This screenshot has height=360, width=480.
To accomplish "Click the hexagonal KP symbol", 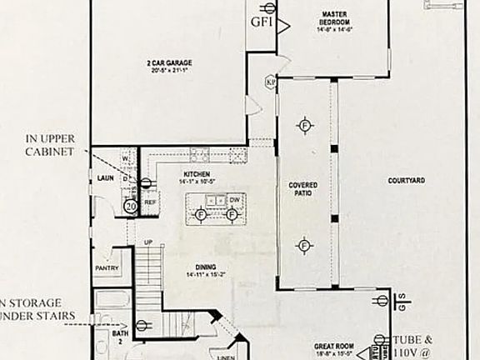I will (x=270, y=82).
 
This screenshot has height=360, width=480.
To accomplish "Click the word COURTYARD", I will (x=407, y=180).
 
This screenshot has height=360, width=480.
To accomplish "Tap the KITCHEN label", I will (x=197, y=176).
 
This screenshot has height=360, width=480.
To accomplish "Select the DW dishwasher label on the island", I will (x=237, y=200).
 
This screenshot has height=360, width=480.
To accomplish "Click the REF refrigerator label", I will (x=151, y=202).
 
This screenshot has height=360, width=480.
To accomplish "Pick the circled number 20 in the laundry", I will (x=130, y=205).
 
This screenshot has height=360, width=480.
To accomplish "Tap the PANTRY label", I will (x=107, y=268).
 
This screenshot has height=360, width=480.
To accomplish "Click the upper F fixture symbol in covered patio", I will (x=305, y=124).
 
